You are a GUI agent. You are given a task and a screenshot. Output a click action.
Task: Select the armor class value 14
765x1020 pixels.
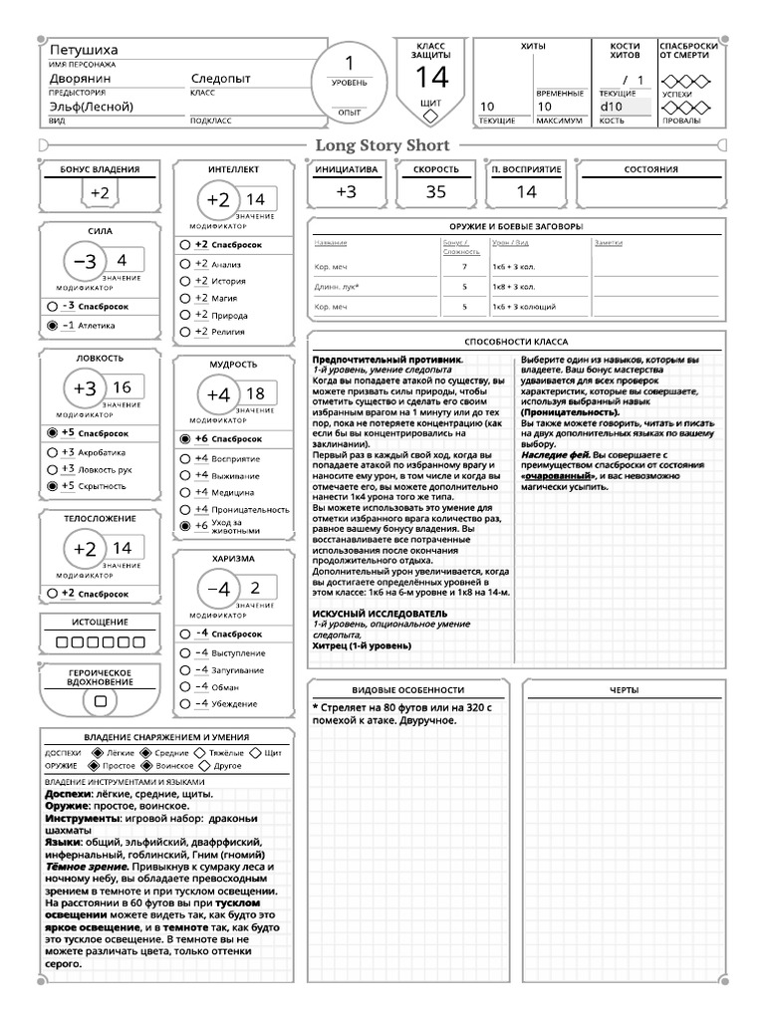click(431, 77)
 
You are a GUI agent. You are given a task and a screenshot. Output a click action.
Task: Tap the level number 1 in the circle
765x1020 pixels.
click(349, 63)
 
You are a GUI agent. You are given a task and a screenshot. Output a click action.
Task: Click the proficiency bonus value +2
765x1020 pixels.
click(100, 193)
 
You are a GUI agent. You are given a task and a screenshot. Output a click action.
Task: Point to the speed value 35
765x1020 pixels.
click(435, 192)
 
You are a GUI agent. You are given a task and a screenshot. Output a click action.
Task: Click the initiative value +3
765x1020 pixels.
click(346, 192)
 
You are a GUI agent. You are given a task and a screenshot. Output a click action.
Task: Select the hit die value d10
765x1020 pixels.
click(611, 106)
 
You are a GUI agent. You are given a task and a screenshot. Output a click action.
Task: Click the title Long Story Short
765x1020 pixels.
click(382, 145)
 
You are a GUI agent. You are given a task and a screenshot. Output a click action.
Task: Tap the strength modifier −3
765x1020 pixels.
click(87, 261)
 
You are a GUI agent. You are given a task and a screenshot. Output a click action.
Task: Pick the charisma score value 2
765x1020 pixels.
click(255, 587)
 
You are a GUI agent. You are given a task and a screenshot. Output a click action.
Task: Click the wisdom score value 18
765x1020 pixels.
click(255, 393)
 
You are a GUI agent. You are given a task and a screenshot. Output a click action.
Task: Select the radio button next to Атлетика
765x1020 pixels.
click(52, 325)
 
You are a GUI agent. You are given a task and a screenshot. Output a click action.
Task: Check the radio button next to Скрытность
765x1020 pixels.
click(52, 486)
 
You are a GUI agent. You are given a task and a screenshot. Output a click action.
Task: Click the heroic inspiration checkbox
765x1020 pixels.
click(99, 701)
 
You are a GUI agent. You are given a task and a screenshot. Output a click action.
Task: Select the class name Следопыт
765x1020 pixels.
click(223, 78)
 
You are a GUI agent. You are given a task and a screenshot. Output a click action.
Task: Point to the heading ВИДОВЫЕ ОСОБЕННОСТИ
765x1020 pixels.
click(408, 689)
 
